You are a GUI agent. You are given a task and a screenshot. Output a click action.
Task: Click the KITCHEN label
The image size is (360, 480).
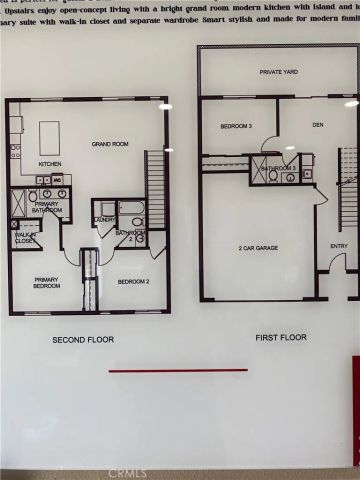pos(50,163)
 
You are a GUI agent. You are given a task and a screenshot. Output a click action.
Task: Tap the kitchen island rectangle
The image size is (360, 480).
pos(49,135)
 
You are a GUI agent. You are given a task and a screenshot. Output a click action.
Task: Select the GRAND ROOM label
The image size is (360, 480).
pos(110,143)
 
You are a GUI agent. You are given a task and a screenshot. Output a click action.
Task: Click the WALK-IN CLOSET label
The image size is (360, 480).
pos(26,238)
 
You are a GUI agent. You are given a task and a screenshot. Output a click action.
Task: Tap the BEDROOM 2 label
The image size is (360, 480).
pos(132,281)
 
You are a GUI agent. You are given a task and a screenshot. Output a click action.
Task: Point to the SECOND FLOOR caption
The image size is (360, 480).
pos(83,340)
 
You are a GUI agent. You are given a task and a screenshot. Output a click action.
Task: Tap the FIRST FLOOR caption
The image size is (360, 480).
pos(280,337)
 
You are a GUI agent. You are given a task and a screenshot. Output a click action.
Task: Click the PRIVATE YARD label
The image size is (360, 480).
pos(279,72)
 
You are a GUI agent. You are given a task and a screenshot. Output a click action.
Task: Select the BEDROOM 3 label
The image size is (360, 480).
pos(236,125)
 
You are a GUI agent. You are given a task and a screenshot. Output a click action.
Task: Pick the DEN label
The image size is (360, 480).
pos(318,125)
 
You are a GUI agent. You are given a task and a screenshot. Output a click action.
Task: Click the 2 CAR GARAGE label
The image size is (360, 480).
pos(257,246)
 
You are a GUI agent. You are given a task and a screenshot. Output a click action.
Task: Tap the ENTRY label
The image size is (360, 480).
pos(339,246)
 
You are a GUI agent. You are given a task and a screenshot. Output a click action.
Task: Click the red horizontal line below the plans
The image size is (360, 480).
pos(178,370)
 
